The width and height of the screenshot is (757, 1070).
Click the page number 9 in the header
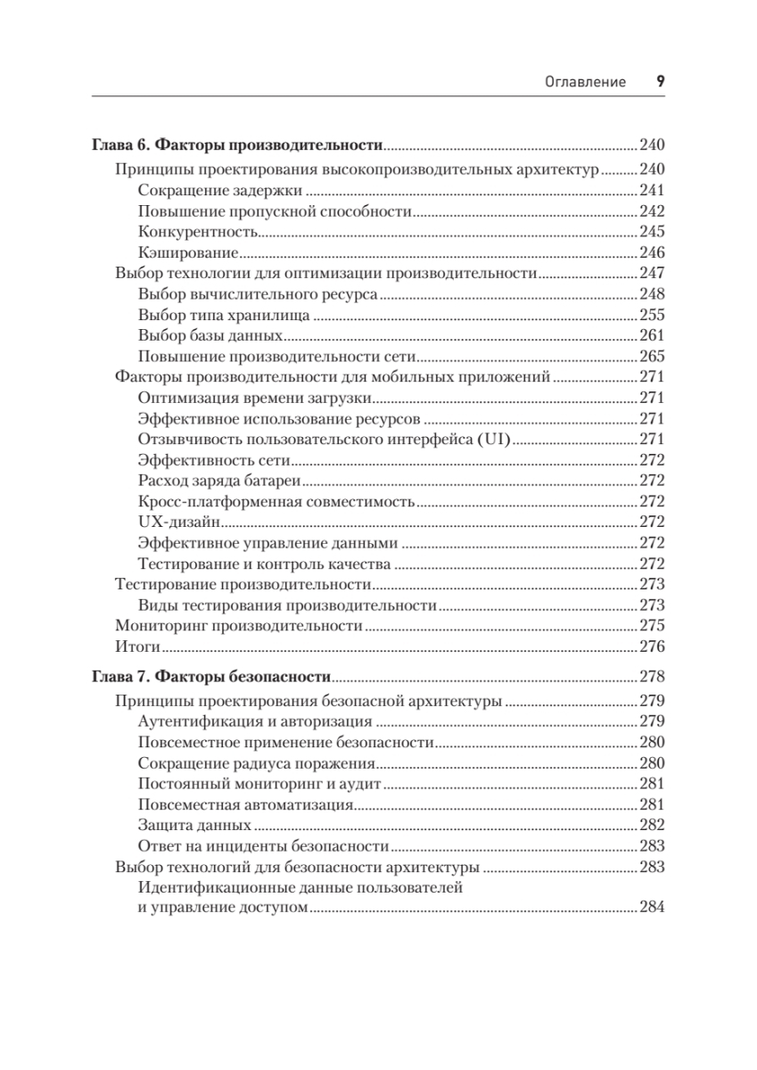tap(661, 81)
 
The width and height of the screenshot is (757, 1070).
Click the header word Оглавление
tap(585, 82)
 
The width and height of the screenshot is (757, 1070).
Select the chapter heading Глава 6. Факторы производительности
tap(237, 144)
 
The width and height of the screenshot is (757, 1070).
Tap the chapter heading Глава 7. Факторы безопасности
tap(212, 676)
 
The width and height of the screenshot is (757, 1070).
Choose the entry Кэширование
tap(186, 252)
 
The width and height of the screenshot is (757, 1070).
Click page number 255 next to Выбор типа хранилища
tap(652, 315)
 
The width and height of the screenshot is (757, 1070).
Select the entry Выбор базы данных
tap(211, 335)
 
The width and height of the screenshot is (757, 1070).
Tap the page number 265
tap(652, 357)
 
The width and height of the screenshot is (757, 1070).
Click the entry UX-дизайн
tap(181, 522)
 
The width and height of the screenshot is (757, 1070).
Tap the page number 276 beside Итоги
tap(652, 646)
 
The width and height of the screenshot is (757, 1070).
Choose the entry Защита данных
tap(194, 825)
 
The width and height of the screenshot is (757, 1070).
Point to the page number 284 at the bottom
tap(652, 908)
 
